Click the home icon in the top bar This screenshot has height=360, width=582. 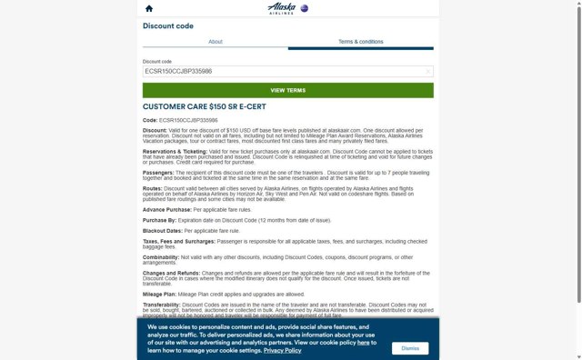point(149,8)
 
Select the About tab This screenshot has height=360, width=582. point(216,42)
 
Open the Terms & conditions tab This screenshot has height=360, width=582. point(360,42)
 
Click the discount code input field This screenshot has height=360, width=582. point(282,71)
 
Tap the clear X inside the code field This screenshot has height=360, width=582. point(428,71)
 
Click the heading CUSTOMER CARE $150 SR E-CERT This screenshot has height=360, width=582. point(208,106)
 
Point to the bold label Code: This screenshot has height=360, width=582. point(150,120)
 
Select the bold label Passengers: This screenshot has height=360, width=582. point(158,172)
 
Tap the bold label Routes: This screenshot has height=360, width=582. point(153,188)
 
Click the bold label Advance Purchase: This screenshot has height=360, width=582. point(166,209)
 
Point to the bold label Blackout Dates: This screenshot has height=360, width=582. point(163,230)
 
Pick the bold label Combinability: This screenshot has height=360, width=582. point(161,257)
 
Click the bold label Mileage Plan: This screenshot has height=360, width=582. point(160,294)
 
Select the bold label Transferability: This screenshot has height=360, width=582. point(163,305)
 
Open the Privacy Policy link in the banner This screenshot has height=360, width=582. point(282,350)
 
